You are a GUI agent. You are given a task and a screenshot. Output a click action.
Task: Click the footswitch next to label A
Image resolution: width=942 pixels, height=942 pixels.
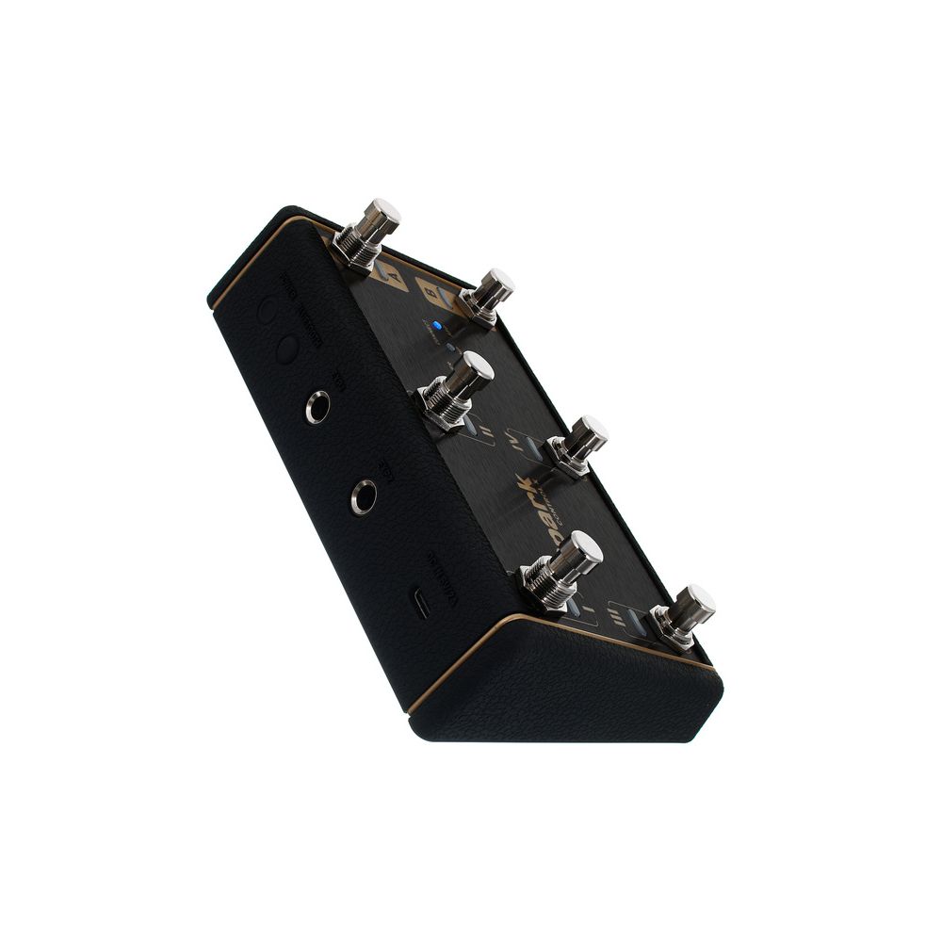(x=369, y=231)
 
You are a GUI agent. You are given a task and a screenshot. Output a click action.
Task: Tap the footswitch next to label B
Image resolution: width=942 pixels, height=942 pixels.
(x=488, y=295)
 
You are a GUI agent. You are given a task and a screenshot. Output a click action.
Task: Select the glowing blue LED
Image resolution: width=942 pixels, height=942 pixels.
(x=437, y=326)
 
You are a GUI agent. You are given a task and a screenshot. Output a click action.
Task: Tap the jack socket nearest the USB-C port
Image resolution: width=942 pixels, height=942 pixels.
(x=364, y=496)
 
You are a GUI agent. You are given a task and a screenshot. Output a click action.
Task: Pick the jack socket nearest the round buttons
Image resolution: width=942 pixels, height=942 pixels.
(x=317, y=408)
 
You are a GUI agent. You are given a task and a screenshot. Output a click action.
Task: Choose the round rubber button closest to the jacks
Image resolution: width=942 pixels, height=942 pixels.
(x=288, y=348)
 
